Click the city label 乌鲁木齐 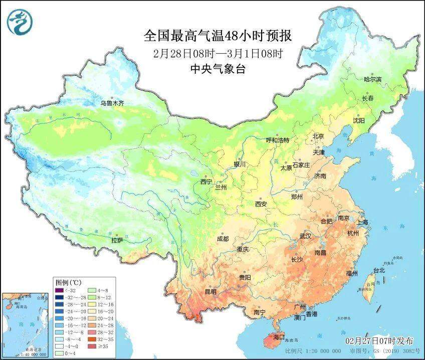pyautogui.click(x=111, y=103)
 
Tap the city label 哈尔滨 pyautogui.click(x=372, y=80)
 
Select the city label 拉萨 pyautogui.click(x=117, y=240)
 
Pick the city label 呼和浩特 pyautogui.click(x=278, y=140)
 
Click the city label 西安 pyautogui.click(x=261, y=204)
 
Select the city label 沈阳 pyautogui.click(x=358, y=120)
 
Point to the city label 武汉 pyautogui.click(x=305, y=236)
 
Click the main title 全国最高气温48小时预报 pyautogui.click(x=218, y=36)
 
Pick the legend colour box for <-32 pyautogui.click(x=60, y=290)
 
